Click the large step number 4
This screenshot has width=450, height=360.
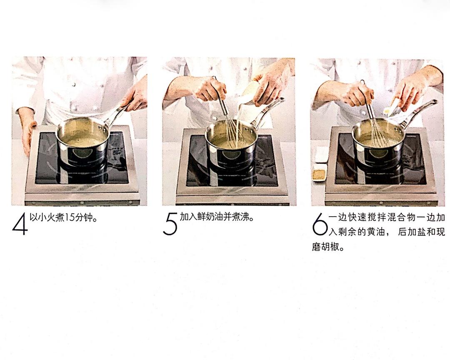click(20, 225)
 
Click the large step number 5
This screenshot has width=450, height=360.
click(170, 225)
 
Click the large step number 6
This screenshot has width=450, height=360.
click(319, 225)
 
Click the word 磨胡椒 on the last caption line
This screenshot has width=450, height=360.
click(324, 247)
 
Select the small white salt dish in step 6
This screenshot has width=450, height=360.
click(321, 154)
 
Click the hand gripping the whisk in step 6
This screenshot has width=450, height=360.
click(359, 94)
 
